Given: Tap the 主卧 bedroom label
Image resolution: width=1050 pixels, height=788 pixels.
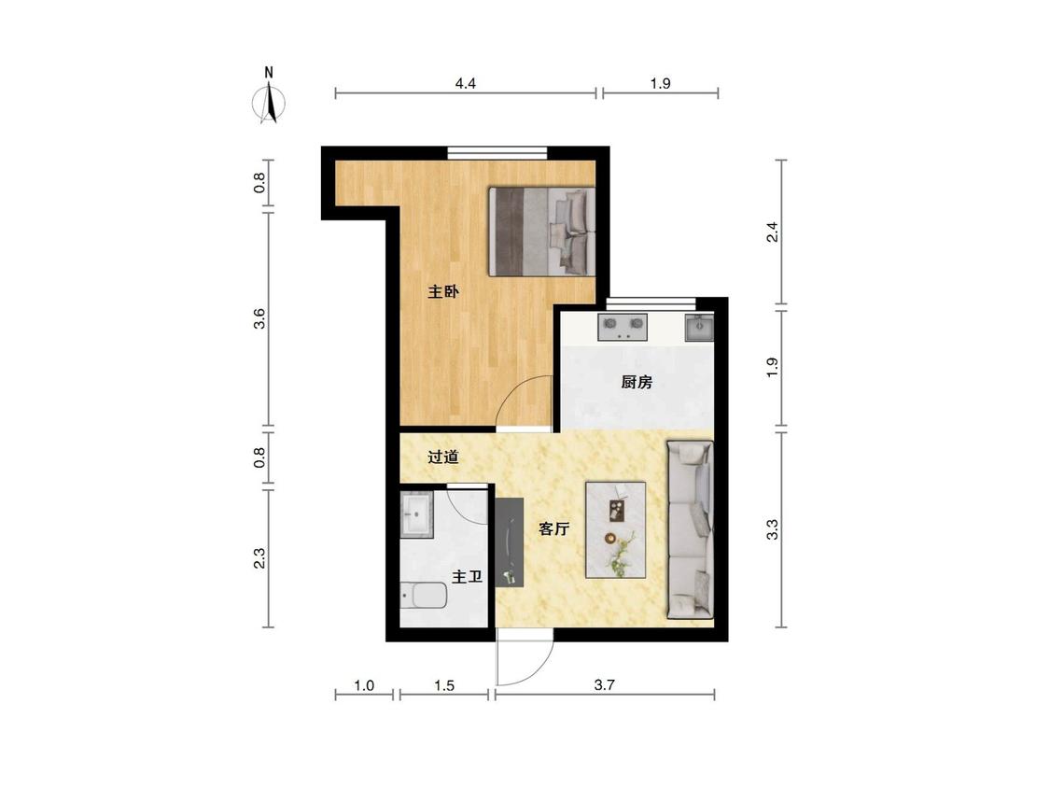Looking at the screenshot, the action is click(x=443, y=292).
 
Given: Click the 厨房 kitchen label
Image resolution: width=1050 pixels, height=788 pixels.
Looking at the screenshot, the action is click(x=637, y=383).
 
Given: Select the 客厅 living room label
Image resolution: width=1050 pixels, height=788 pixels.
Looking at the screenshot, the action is click(x=554, y=529).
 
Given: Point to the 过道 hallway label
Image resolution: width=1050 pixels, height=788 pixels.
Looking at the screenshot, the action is click(x=443, y=457).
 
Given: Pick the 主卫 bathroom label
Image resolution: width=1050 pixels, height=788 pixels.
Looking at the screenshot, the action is click(x=467, y=577).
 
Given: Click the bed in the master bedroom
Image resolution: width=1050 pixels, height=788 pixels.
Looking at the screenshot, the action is click(x=542, y=232).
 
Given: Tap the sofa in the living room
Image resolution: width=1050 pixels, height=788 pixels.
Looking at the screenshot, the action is click(x=689, y=529).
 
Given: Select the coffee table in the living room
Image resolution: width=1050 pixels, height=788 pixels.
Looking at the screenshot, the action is click(x=616, y=529).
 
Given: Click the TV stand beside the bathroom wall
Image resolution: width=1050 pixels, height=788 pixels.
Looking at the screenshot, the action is click(x=509, y=542).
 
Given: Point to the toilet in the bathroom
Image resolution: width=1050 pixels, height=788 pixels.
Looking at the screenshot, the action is click(x=424, y=596).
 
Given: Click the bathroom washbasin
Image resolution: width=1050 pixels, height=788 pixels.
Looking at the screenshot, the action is click(x=416, y=514).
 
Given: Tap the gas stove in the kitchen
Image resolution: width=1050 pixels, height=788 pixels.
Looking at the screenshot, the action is click(x=623, y=327).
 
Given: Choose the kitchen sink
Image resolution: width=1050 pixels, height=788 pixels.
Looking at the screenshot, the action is click(x=699, y=327).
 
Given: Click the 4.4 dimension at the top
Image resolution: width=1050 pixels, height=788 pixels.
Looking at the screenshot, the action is click(x=466, y=84).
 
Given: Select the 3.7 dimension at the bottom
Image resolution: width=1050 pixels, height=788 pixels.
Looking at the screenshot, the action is click(x=604, y=684).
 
